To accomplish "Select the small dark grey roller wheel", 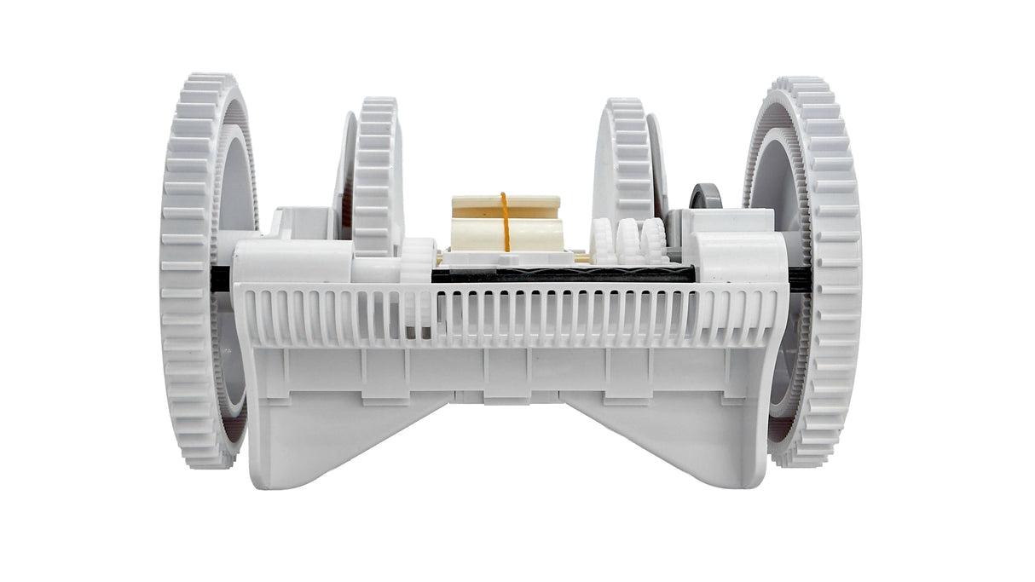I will point(705,197).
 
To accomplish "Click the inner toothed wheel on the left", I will point(375,175).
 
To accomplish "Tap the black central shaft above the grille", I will point(563,275).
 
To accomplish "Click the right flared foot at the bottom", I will point(674,443).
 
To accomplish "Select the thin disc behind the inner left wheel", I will point(345,170).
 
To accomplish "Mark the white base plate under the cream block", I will point(508,257).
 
